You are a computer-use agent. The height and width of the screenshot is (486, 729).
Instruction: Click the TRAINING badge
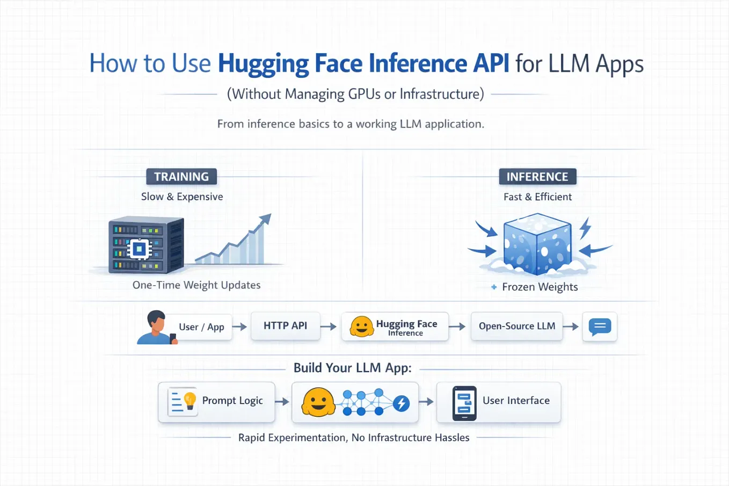pyautogui.click(x=181, y=177)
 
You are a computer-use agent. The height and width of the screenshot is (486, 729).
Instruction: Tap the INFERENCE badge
pyautogui.click(x=538, y=177)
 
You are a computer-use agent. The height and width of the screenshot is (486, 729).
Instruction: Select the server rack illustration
pyautogui.click(x=146, y=245)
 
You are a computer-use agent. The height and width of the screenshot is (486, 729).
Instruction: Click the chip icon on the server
pyautogui.click(x=139, y=249)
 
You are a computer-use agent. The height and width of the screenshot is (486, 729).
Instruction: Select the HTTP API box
pyautogui.click(x=286, y=326)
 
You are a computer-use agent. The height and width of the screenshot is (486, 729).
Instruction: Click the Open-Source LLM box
pyautogui.click(x=517, y=326)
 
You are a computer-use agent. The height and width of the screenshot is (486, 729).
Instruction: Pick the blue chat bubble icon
pyautogui.click(x=600, y=327)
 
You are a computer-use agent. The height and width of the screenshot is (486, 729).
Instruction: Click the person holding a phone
pyautogui.click(x=157, y=327)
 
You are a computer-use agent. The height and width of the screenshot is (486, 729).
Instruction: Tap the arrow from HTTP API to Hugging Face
pyautogui.click(x=329, y=327)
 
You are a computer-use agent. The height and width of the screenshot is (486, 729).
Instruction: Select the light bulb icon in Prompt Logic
pyautogui.click(x=189, y=401)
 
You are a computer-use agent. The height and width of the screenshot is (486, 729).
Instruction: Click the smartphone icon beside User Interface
pyautogui.click(x=464, y=403)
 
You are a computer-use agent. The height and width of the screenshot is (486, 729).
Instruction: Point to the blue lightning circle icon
pyautogui.click(x=402, y=404)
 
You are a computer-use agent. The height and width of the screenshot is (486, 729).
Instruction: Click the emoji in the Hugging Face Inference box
pyautogui.click(x=361, y=327)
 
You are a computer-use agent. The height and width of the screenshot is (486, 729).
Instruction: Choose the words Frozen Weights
pyautogui.click(x=540, y=287)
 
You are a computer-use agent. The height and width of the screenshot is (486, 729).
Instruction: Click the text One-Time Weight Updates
pyautogui.click(x=196, y=285)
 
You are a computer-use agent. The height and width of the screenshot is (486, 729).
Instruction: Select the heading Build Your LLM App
pyautogui.click(x=353, y=368)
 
